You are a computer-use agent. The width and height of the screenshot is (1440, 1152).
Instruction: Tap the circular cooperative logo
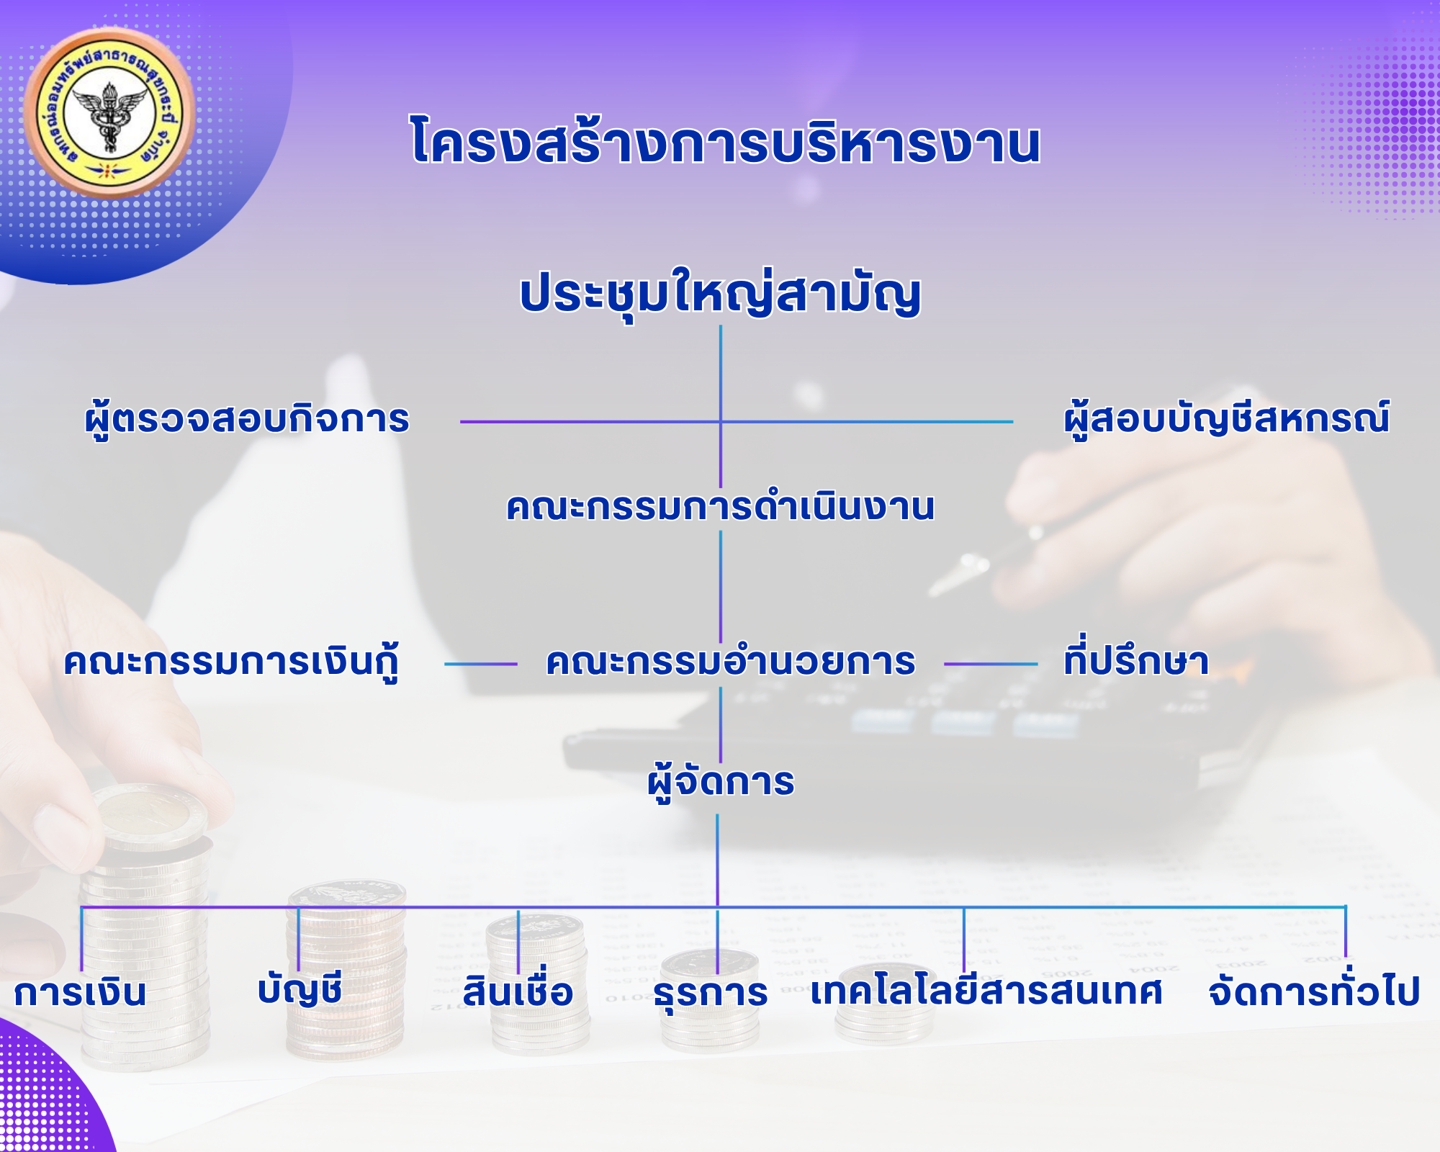109,113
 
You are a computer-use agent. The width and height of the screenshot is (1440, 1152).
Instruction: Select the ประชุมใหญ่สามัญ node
721,294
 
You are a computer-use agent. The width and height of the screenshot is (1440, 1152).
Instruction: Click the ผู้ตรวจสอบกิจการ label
247,420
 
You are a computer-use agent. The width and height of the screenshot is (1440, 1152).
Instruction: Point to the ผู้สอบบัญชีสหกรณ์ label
1227,418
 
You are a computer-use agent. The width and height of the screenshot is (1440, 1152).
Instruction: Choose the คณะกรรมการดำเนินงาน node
721,507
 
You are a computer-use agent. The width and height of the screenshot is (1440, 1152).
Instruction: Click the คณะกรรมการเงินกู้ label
231,662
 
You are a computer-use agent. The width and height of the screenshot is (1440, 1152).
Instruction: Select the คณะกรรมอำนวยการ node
730,662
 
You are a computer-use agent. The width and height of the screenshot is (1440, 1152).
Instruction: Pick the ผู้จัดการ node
721,782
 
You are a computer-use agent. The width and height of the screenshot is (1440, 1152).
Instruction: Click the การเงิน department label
80,992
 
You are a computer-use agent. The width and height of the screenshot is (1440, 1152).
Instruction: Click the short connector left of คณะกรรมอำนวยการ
481,664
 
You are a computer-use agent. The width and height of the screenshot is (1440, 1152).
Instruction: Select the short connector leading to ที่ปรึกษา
991,664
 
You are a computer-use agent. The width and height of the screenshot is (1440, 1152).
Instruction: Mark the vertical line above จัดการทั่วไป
1345,932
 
